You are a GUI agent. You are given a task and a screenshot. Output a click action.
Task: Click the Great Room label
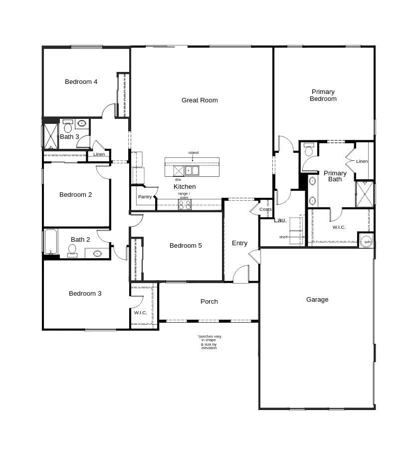tap(200, 100)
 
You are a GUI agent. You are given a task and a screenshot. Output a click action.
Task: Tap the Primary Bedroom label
tap(323, 95)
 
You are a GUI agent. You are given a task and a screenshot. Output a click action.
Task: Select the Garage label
tap(317, 300)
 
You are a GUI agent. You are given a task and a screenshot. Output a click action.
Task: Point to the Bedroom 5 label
tap(186, 246)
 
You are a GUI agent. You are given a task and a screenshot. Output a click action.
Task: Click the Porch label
tap(209, 302)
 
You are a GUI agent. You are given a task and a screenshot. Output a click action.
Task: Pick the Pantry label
tap(145, 197)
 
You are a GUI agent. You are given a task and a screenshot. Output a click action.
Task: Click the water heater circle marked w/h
tap(367, 241)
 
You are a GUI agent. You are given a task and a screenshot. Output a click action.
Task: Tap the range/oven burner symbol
tap(184, 204)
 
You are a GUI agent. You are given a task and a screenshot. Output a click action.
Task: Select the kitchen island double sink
tap(192, 171)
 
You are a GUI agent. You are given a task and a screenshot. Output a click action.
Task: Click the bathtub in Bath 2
tap(51, 242)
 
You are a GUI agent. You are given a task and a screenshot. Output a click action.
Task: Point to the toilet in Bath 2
tap(72, 250)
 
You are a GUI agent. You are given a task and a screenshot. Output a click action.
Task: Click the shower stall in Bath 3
tap(50, 136)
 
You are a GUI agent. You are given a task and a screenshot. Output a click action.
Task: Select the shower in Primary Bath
tap(365, 194)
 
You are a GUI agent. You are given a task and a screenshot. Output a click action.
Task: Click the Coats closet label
tap(265, 209)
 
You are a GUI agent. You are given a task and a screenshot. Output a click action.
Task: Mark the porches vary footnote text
tap(209, 342)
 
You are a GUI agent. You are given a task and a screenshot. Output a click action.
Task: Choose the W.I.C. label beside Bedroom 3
tap(140, 313)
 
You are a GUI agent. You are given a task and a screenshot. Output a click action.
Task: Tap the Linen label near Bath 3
tap(99, 154)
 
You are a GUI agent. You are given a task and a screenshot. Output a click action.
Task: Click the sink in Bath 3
tap(82, 123)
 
